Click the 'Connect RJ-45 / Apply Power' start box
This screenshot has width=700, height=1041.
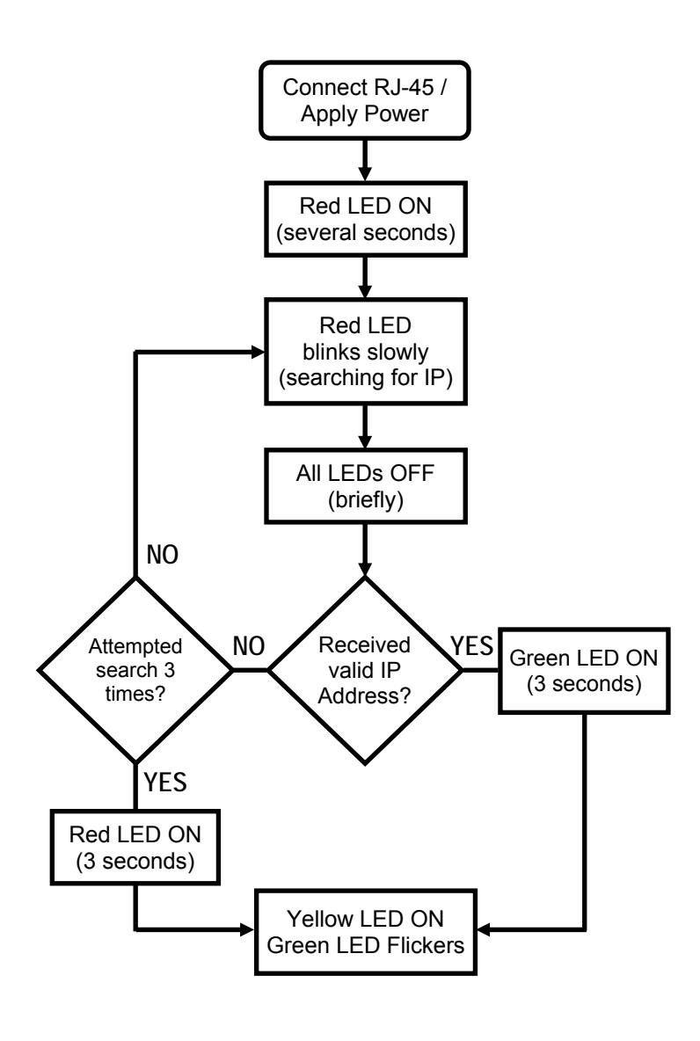point(365,100)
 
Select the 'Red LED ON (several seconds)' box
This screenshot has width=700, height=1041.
point(365,219)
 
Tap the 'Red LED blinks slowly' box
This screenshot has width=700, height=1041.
point(365,351)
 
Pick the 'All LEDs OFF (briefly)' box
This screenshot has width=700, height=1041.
point(365,486)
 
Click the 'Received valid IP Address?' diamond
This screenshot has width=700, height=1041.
point(365,670)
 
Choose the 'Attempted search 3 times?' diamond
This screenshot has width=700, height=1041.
point(135,670)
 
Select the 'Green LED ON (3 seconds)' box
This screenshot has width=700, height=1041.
point(584,671)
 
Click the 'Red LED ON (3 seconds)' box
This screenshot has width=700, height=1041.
point(135,848)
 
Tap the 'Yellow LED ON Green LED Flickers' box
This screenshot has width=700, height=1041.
point(365,932)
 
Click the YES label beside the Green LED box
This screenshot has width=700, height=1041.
point(472,645)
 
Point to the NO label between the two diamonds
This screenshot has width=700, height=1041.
point(249,646)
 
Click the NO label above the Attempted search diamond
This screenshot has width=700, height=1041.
point(163,555)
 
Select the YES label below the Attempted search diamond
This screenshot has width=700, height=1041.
point(165,783)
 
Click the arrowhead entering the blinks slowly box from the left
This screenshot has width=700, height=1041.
point(258,352)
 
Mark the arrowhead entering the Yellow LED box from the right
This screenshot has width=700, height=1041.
point(485,929)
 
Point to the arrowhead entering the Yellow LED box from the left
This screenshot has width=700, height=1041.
point(247,929)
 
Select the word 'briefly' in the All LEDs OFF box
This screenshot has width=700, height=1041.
point(366,499)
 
